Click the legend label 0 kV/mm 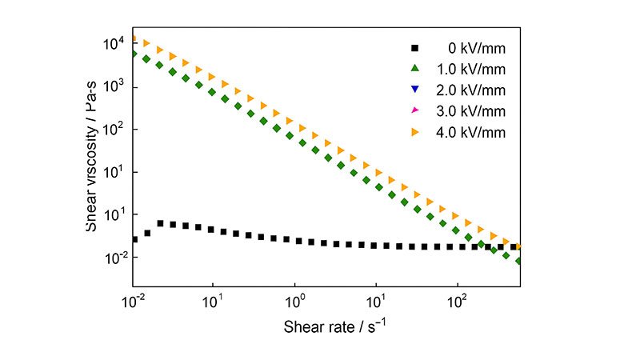[x=476, y=46]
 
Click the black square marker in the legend [x=414, y=46]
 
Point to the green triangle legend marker [x=414, y=68]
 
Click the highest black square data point [x=161, y=224]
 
